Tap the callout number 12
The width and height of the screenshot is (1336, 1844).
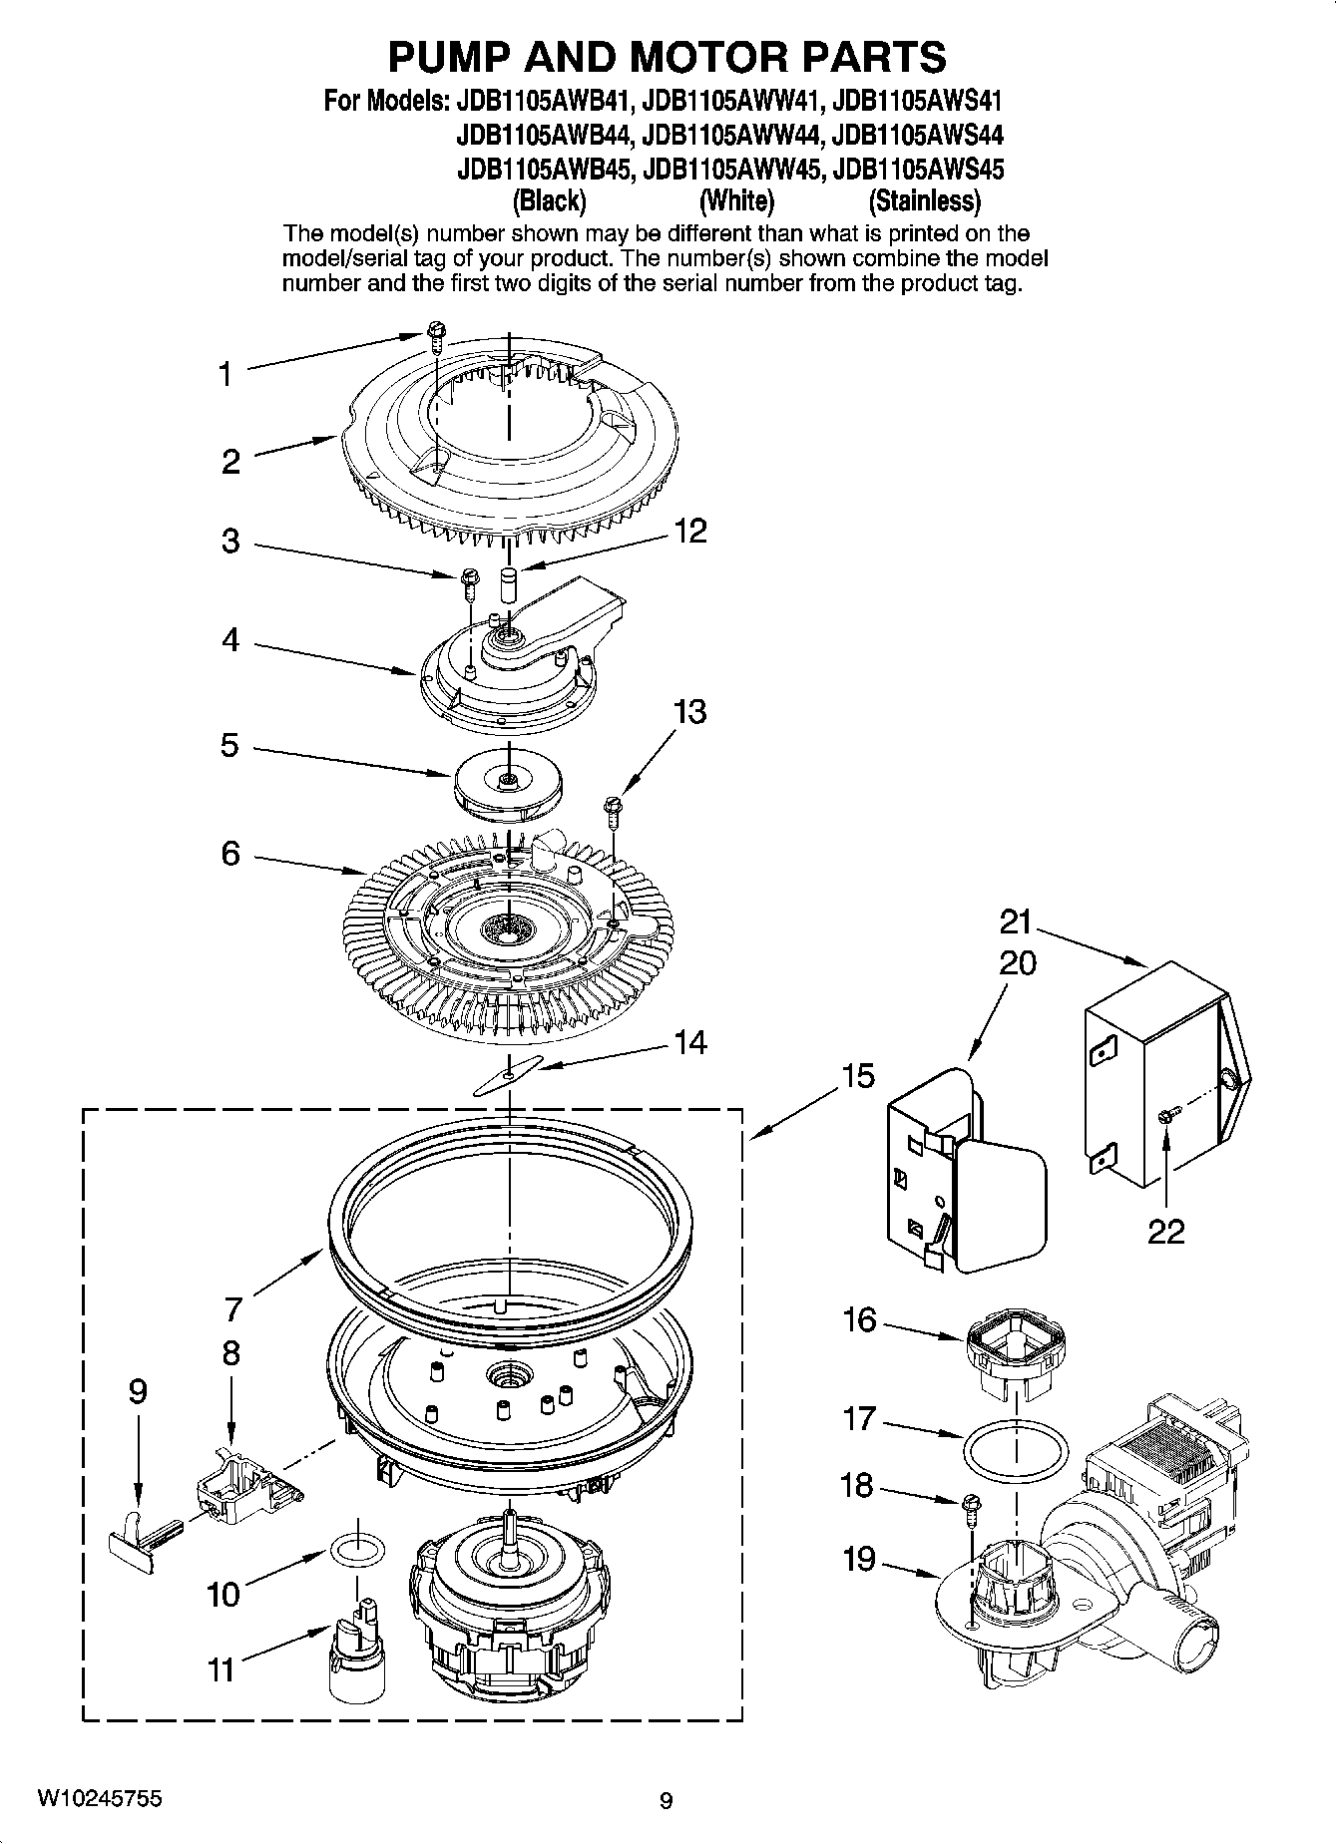[x=689, y=531]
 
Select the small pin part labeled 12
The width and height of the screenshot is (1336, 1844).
[x=508, y=582]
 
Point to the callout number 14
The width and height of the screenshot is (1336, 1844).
[x=689, y=1043]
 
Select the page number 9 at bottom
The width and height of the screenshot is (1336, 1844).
[x=667, y=1801]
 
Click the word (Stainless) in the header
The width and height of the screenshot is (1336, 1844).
[x=924, y=201]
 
